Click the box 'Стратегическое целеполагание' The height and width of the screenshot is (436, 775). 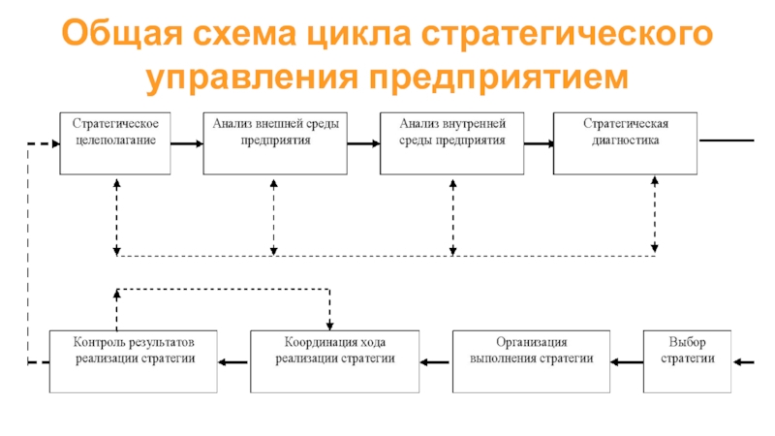pyautogui.click(x=115, y=143)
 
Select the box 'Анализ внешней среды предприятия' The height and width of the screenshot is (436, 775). pyautogui.click(x=275, y=143)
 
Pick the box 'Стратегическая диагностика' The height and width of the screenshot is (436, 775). pyautogui.click(x=626, y=143)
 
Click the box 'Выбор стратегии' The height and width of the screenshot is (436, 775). pyautogui.click(x=687, y=360)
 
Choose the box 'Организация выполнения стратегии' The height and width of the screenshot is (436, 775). pyautogui.click(x=532, y=360)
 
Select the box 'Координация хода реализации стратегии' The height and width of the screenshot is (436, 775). pyautogui.click(x=334, y=360)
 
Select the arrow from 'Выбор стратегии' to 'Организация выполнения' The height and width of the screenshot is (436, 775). pyautogui.click(x=627, y=362)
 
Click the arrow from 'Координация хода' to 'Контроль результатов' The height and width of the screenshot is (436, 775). pyautogui.click(x=233, y=362)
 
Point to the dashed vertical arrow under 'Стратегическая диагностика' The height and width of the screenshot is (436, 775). pyautogui.click(x=655, y=215)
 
